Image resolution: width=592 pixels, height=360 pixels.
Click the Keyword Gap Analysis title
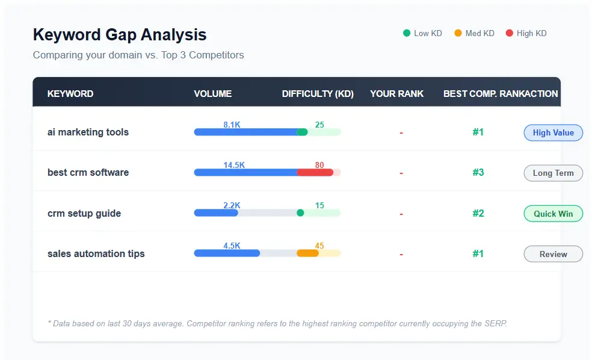pos(119,35)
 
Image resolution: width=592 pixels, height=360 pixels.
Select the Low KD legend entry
pos(422,33)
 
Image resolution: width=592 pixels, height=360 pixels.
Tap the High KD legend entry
pos(526,33)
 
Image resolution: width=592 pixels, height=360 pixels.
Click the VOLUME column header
pos(212,94)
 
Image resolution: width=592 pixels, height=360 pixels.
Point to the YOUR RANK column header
pos(396,94)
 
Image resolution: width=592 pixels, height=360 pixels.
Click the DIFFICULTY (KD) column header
pos(318,94)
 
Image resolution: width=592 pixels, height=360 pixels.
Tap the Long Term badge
pos(553,173)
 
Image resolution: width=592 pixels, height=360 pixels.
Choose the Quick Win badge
pos(553,214)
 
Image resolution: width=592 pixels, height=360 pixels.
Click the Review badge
pos(553,254)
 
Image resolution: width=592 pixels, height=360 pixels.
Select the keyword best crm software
pos(88,173)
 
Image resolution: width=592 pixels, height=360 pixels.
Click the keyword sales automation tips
pos(96,254)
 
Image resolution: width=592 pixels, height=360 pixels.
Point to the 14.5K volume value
pos(233,165)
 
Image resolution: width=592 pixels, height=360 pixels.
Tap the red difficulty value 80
pos(319,165)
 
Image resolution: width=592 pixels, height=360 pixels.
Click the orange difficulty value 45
pos(319,246)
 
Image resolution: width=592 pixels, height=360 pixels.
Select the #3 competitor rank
pos(478,173)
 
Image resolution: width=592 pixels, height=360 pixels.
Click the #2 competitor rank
pos(478,214)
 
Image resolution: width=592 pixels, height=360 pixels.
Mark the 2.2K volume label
pos(232,205)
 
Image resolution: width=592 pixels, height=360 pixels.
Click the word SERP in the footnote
pos(496,324)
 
